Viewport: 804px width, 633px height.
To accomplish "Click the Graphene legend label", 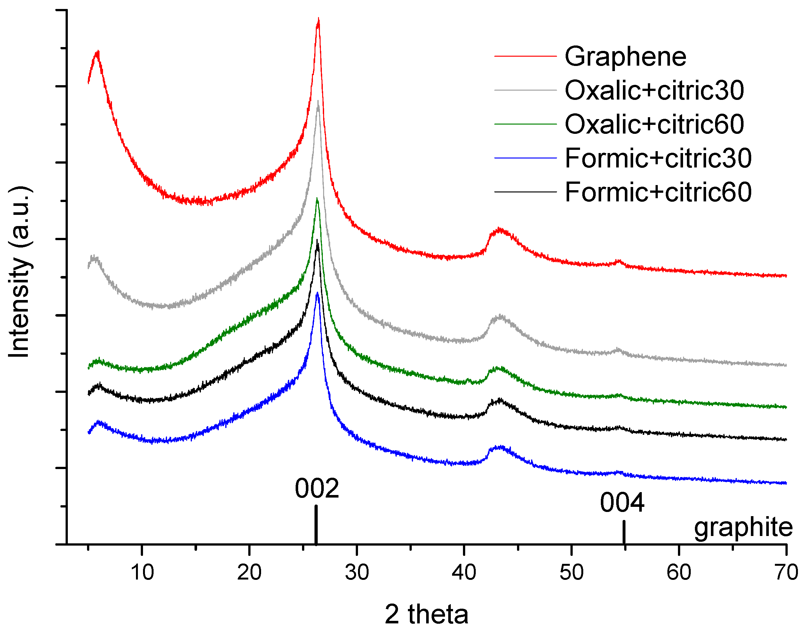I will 625,57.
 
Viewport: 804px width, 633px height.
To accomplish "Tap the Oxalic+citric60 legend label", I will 654,124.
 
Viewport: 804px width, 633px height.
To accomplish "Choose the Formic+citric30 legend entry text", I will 658,158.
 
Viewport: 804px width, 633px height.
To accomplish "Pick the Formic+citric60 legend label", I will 658,192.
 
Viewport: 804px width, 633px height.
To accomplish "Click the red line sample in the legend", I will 525,56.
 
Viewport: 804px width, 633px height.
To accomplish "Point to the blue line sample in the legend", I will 525,158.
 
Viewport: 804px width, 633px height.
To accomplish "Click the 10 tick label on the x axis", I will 142,572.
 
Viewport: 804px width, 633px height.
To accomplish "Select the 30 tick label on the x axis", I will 357,572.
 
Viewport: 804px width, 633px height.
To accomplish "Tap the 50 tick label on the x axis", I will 571,572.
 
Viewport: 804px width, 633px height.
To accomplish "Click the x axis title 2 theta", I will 426,614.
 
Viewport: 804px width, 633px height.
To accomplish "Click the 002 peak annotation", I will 317,489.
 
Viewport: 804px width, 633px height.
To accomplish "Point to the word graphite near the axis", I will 743,527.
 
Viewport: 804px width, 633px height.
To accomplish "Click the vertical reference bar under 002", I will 315,524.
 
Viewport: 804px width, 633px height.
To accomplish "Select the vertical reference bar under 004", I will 624,532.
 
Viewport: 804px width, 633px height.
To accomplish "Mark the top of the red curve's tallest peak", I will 318,19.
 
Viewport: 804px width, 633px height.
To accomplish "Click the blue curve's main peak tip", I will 317,294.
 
